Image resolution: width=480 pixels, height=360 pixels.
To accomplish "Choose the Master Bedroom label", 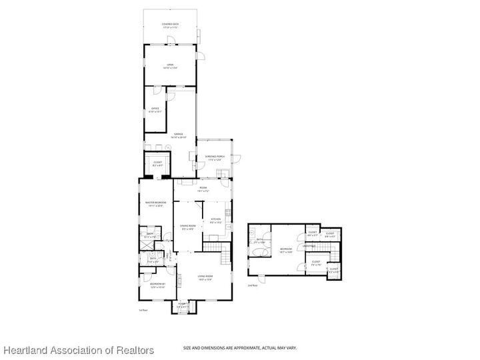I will pos(156,203).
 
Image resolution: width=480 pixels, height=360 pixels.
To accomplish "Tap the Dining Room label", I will pos(188,227).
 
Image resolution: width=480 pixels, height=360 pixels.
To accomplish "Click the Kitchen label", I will pos(215,220).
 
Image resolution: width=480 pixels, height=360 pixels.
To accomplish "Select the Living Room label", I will pos(205,277).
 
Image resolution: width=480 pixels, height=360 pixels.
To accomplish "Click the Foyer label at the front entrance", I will pos(182,305).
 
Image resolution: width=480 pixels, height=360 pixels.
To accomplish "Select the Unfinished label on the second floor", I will pos(309,246).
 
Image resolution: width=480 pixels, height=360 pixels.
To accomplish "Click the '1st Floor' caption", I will pos(142,310).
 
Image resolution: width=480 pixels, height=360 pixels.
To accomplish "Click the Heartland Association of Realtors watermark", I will pos(78,350).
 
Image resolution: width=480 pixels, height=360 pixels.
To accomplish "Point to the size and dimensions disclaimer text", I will pos(240,347).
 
